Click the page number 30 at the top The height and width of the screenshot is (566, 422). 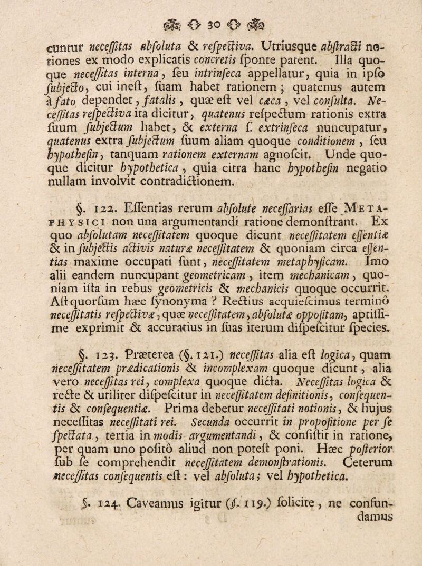pos(212,9)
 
